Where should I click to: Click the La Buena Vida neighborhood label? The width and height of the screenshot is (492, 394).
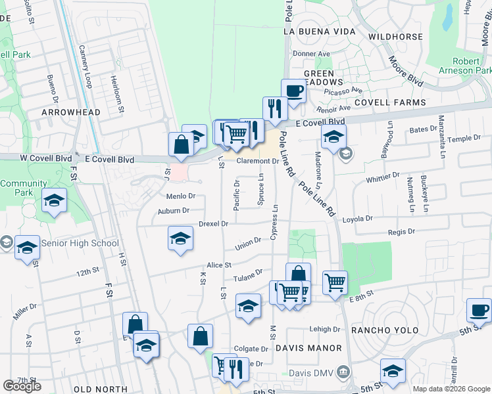pyautogui.click(x=319, y=32)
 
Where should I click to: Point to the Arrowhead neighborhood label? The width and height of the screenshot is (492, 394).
pyautogui.click(x=70, y=112)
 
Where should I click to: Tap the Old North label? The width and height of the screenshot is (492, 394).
pyautogui.click(x=101, y=389)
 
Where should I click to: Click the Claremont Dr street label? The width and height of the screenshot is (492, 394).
pyautogui.click(x=258, y=161)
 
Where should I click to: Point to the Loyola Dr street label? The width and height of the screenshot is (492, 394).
pyautogui.click(x=357, y=219)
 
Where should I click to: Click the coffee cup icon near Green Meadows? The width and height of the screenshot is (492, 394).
pyautogui.click(x=293, y=91)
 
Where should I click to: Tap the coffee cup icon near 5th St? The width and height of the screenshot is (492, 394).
pyautogui.click(x=479, y=309)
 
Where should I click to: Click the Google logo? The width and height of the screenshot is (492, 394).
pyautogui.click(x=22, y=386)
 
